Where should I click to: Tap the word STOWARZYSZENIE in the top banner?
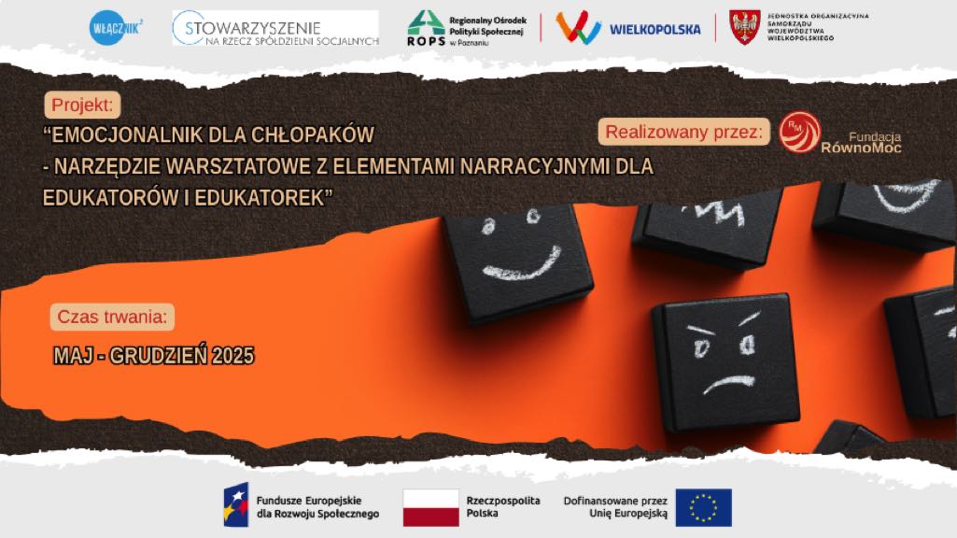[253, 28]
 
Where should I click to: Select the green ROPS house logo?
[426, 22]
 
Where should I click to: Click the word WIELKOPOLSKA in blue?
[654, 29]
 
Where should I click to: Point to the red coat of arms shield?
[745, 27]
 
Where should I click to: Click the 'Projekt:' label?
[82, 105]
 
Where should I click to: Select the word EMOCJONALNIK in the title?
[122, 134]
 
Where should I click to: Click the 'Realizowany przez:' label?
[683, 132]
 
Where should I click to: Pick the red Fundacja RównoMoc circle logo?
[799, 132]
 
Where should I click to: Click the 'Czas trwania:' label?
[112, 317]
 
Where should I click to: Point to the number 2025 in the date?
[232, 356]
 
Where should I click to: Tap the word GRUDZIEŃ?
[158, 356]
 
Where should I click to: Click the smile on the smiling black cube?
[523, 263]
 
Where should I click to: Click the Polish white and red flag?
[431, 507]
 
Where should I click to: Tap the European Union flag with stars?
[704, 507]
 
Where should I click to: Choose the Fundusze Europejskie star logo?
[236, 505]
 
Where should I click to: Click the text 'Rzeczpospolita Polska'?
[503, 507]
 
